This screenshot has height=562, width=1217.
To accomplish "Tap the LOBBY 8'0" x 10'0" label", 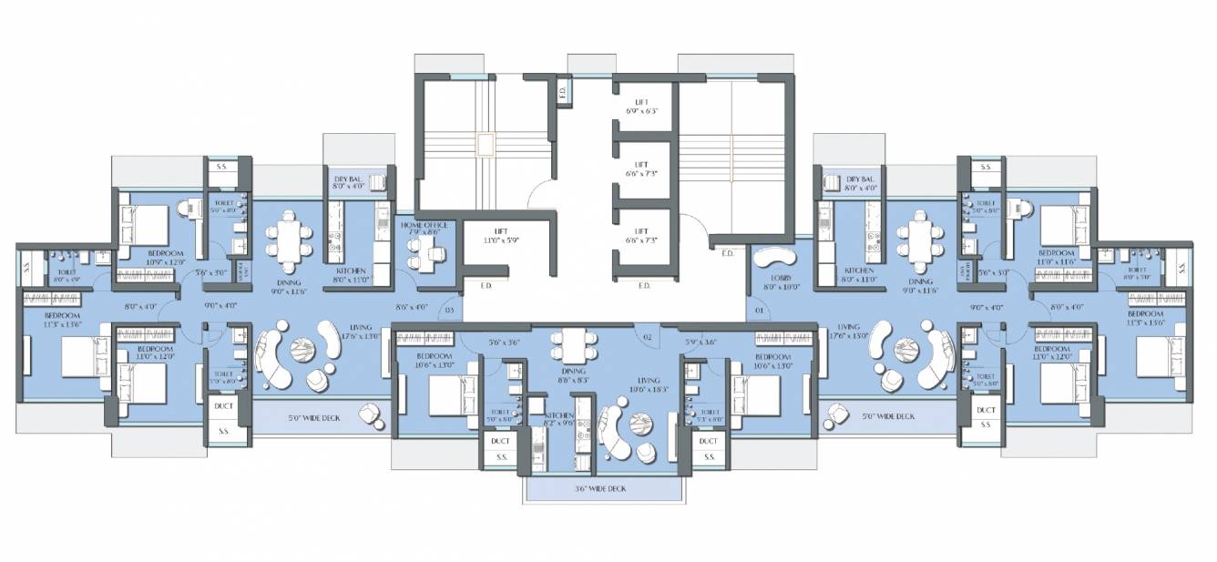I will pyautogui.click(x=779, y=281).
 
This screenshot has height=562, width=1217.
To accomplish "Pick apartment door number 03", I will pyautogui.click(x=448, y=311).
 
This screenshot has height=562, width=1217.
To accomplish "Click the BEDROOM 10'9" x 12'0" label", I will pyautogui.click(x=166, y=258).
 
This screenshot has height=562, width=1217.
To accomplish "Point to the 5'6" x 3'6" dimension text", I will pyautogui.click(x=503, y=343).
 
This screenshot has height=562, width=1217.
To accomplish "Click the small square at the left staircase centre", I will pyautogui.click(x=483, y=145).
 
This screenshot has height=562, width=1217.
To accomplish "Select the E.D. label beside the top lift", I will pyautogui.click(x=563, y=91).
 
